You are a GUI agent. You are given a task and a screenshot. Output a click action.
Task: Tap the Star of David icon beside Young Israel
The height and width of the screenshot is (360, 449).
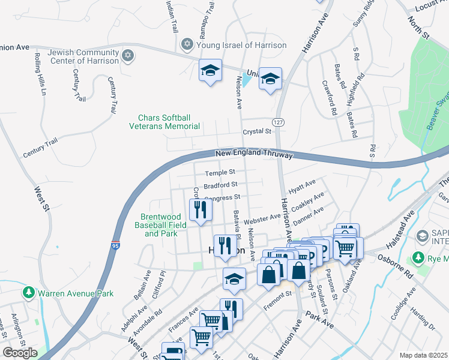click(x=187, y=45)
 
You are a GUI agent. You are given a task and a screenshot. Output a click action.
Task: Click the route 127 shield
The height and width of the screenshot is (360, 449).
click(x=277, y=122)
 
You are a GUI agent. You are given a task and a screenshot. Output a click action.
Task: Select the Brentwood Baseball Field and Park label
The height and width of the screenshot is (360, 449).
click(x=164, y=225)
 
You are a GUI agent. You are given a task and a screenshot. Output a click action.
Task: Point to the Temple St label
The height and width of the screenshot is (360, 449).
click(x=220, y=173)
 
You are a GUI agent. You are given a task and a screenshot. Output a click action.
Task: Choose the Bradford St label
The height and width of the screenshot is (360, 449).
click(x=220, y=185)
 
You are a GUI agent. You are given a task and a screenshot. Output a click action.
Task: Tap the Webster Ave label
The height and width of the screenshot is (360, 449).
click(x=262, y=217)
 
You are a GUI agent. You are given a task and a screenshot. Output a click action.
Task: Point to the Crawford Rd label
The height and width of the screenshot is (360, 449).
click(x=330, y=98)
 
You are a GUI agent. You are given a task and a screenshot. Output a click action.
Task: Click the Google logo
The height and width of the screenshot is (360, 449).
click(x=19, y=353)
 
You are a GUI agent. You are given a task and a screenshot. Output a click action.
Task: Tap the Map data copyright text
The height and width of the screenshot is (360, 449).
click(x=423, y=355)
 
